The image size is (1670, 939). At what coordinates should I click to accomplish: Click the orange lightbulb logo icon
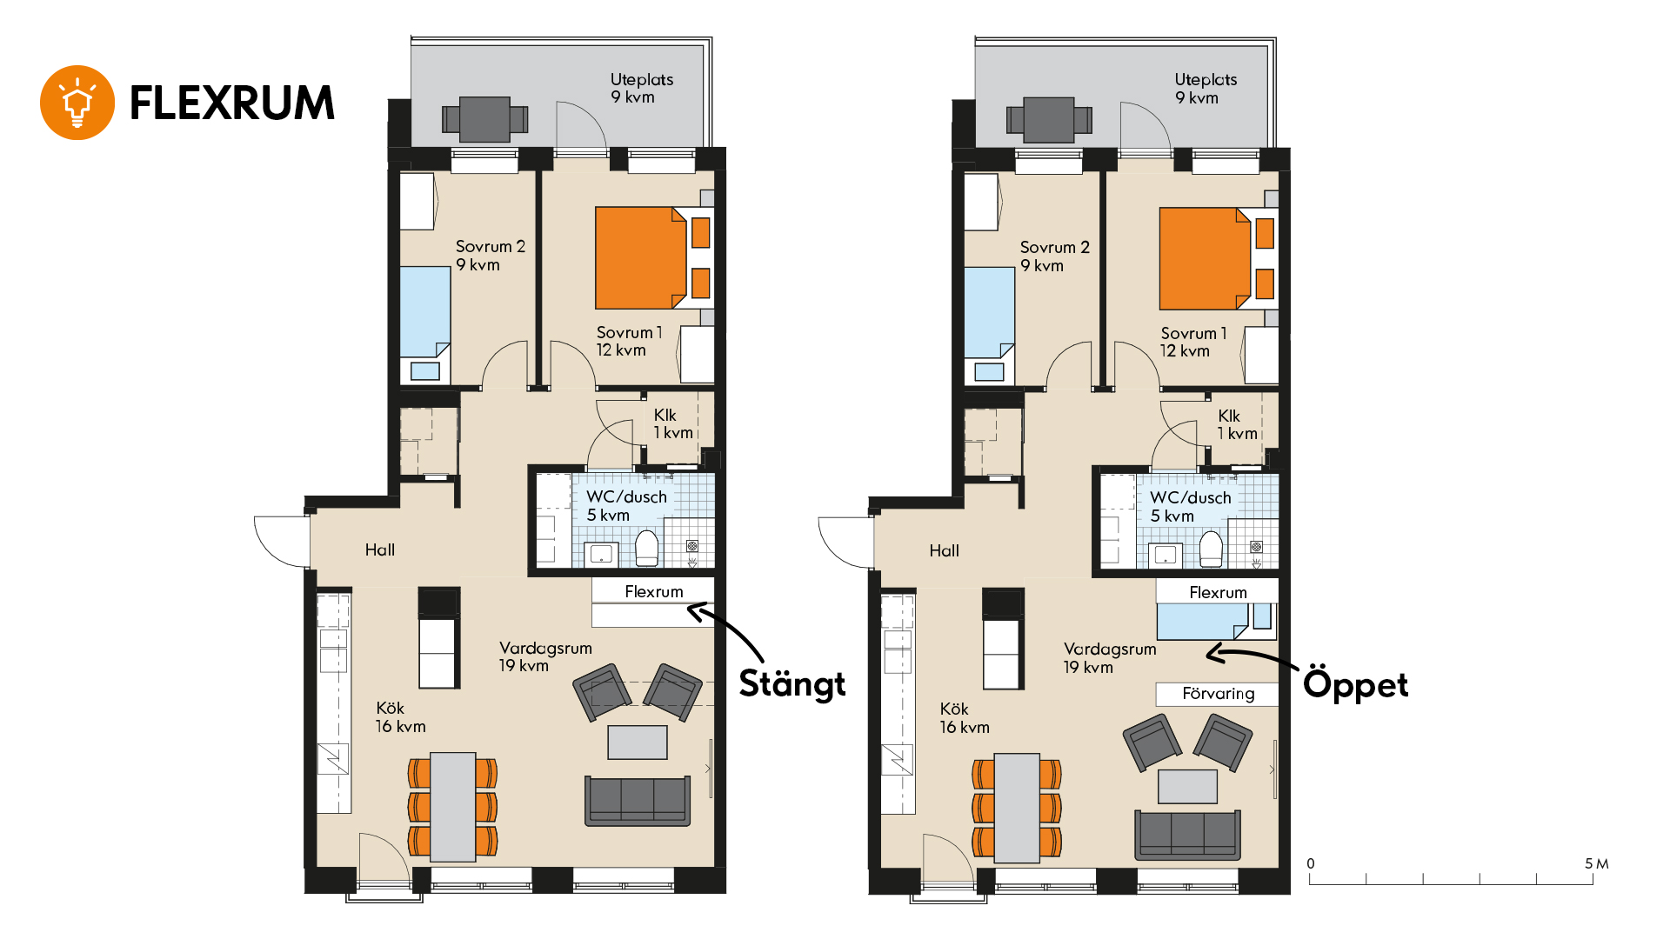77,103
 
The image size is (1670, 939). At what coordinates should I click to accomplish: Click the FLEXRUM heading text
232,103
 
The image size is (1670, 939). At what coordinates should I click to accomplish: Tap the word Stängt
792,684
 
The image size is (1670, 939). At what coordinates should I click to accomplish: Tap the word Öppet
1355,684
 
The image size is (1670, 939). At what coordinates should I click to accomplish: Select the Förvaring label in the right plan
1218,694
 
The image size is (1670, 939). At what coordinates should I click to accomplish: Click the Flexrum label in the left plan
654,591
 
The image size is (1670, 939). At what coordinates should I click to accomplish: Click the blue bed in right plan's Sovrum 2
990,313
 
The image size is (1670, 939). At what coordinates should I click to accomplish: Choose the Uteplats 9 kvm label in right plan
1206,89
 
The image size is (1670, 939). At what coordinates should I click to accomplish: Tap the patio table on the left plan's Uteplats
484,119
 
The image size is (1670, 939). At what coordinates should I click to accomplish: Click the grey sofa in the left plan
638,801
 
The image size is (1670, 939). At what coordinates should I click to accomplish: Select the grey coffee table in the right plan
1187,787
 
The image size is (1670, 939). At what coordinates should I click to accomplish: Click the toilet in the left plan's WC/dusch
647,549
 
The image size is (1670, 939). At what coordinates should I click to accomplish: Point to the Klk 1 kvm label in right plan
1237,425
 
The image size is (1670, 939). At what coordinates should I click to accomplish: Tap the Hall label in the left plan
380,549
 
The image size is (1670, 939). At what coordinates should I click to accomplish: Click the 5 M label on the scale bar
1596,863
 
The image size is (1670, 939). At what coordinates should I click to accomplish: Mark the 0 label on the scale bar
1311,863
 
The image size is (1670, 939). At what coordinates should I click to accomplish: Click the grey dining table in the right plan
1017,808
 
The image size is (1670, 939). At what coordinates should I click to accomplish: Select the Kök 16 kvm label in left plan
400,717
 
